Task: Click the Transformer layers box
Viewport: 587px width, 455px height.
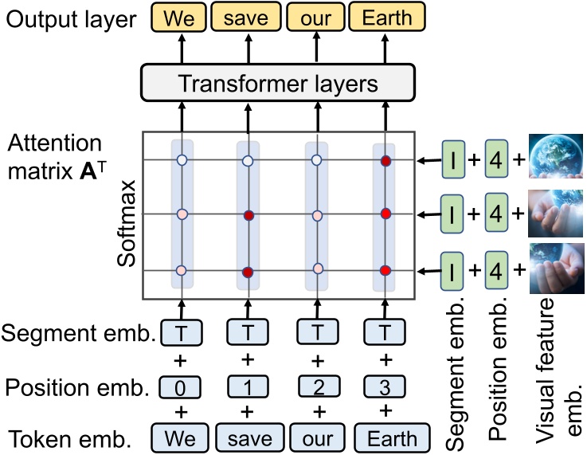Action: click(x=277, y=84)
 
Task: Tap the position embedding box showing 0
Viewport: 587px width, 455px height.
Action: click(x=182, y=387)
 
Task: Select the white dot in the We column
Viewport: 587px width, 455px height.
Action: click(x=182, y=161)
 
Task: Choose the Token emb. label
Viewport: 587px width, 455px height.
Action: click(x=76, y=438)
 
